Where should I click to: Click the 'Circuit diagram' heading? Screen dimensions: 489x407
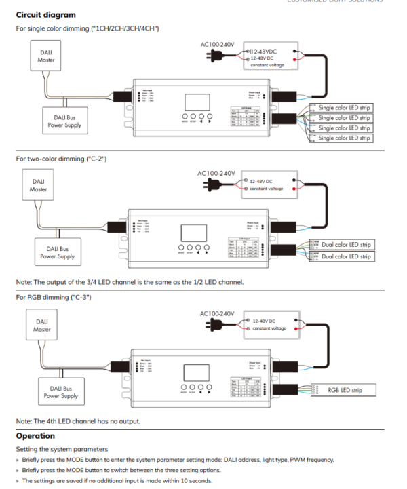click(45, 15)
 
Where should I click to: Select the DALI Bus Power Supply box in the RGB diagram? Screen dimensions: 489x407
click(60, 392)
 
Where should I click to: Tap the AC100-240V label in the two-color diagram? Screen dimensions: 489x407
click(215, 174)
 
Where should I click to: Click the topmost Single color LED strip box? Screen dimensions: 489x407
click(344, 108)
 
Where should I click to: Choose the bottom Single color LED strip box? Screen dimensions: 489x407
click(344, 138)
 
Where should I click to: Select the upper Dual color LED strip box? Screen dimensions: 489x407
click(345, 244)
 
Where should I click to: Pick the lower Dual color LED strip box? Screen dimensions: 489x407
click(345, 256)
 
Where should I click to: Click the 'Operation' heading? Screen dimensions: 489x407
click(35, 436)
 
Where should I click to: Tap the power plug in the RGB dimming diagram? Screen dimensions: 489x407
click(218, 325)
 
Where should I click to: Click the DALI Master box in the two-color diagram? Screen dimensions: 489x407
click(39, 185)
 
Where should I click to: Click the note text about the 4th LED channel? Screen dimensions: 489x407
click(79, 421)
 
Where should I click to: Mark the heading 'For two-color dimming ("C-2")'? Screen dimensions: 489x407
click(61, 159)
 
